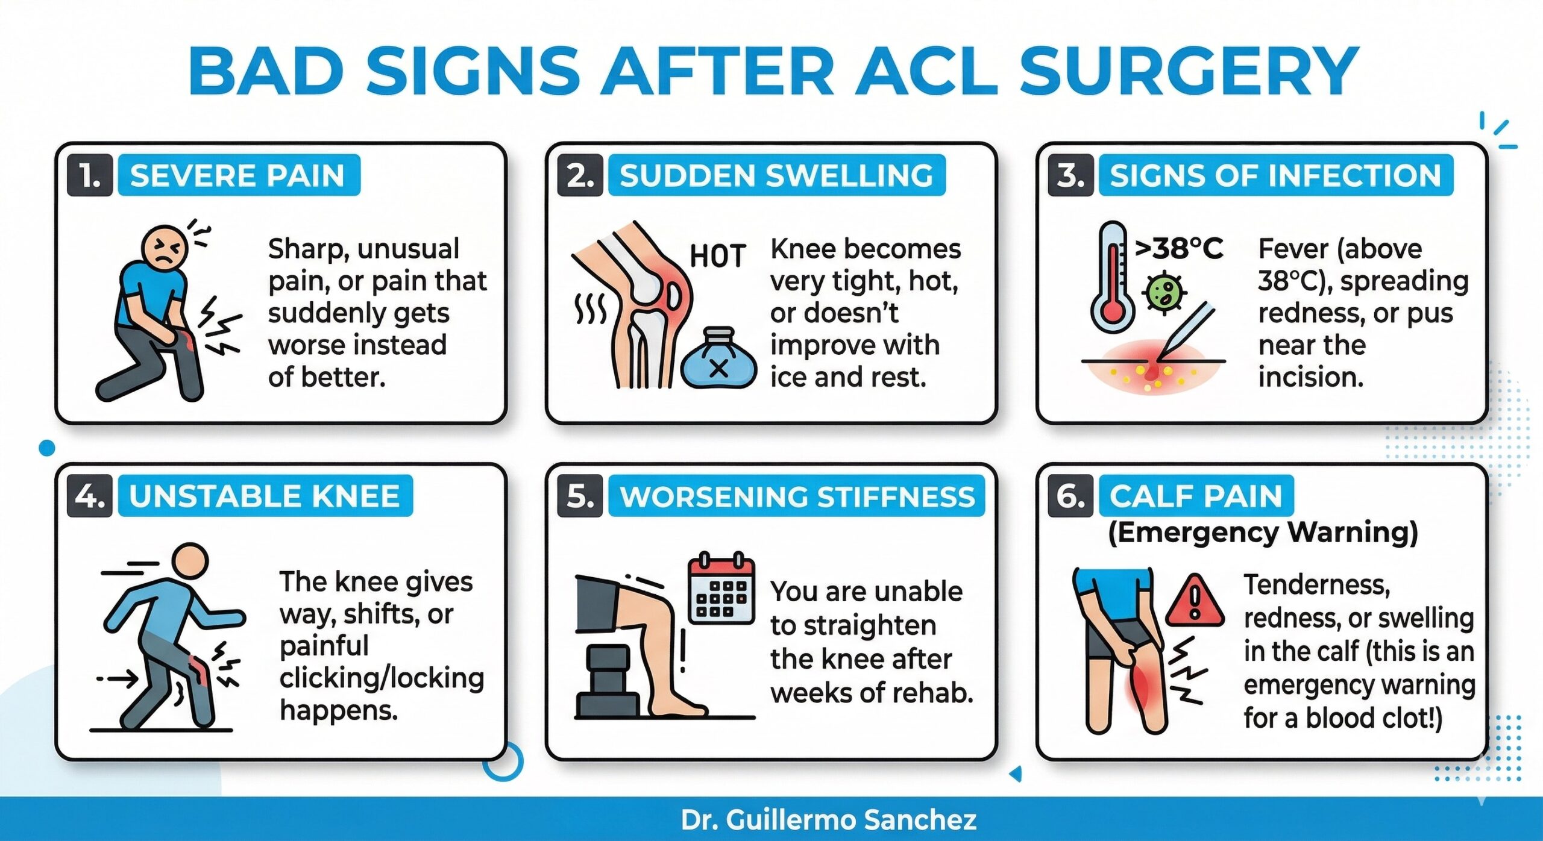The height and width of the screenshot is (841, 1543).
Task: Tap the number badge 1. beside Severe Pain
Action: [90, 175]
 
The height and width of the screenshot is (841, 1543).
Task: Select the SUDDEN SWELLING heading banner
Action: [776, 175]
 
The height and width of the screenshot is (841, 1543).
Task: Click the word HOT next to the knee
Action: [717, 257]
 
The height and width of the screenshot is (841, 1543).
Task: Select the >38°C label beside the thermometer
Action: [1179, 248]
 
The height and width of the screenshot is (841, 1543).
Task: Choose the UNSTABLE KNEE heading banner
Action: [265, 496]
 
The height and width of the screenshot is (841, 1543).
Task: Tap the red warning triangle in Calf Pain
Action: [1195, 602]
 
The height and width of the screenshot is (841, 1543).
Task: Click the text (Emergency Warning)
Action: [1263, 532]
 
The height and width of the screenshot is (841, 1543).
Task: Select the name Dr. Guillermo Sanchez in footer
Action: [828, 820]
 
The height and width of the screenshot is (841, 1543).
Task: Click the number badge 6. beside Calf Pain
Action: [1070, 496]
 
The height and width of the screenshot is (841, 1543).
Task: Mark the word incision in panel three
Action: [1310, 377]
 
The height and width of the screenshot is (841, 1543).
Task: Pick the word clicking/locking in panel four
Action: [382, 678]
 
